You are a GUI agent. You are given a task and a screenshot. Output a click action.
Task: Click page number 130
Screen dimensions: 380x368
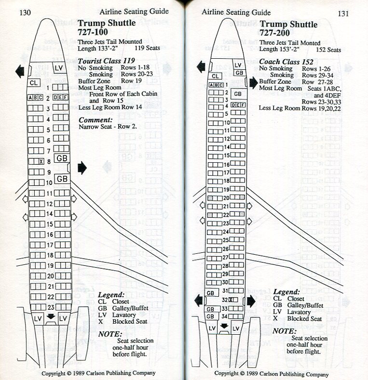click(25, 13)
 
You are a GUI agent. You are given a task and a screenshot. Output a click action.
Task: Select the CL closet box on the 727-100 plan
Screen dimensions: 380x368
click(33, 82)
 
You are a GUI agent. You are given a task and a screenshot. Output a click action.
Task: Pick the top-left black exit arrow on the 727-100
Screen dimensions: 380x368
click(20, 71)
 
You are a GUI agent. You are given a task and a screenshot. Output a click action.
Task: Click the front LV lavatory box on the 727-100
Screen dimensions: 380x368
click(59, 67)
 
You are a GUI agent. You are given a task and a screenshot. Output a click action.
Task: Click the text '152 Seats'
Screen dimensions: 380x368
click(328, 50)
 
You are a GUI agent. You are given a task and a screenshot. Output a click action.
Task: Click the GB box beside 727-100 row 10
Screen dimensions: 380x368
click(62, 179)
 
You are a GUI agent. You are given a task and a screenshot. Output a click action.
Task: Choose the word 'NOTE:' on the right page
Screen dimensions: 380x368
click(284, 331)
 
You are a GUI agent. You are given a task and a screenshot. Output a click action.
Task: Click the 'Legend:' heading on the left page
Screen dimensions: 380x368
click(111, 294)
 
